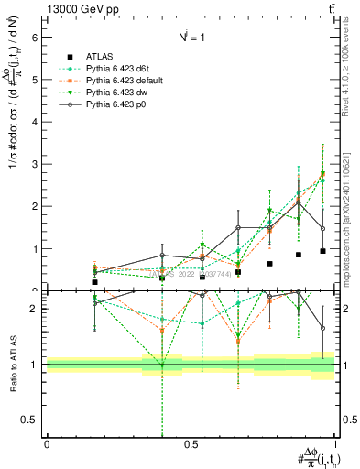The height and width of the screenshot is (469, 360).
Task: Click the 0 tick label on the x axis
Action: coord(47,444)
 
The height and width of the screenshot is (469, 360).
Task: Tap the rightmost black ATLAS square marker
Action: coord(323,251)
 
